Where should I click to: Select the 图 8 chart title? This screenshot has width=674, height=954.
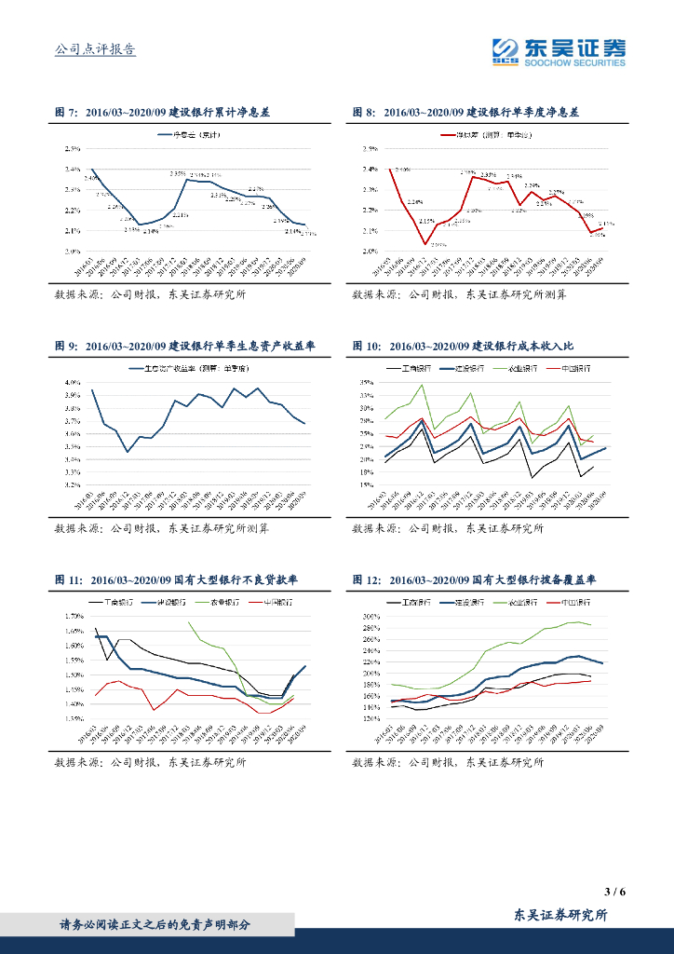(465, 112)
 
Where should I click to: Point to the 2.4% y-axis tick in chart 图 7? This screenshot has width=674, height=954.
(72, 169)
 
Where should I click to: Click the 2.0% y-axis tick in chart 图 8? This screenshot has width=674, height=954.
(370, 251)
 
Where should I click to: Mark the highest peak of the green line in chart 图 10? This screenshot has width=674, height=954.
(422, 385)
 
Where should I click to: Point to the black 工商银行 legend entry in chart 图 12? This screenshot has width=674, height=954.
(418, 602)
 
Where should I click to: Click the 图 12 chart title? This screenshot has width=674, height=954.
(474, 579)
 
